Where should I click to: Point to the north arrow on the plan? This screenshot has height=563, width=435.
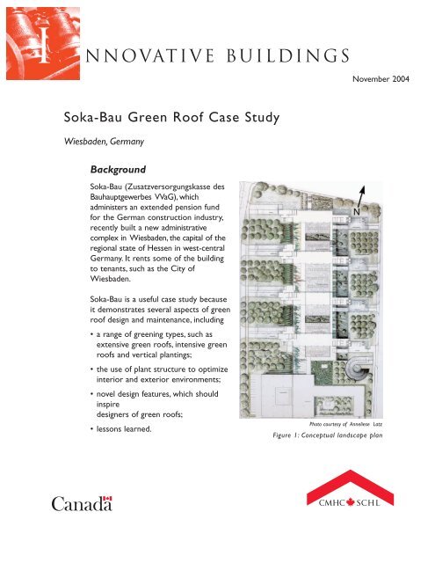click(x=360, y=198)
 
